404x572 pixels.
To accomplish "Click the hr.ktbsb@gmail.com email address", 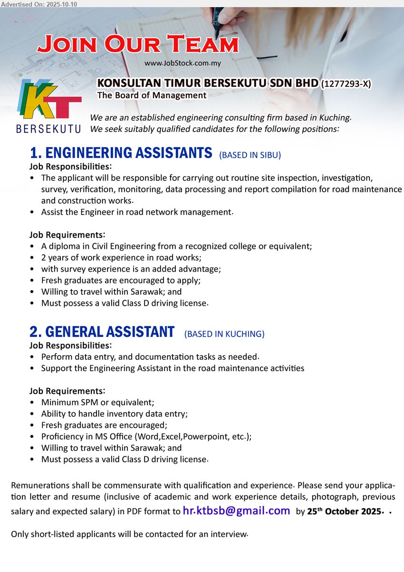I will click(x=236, y=511).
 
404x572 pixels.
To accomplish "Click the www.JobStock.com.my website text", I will click(x=183, y=63).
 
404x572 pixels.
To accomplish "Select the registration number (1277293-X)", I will click(x=346, y=84).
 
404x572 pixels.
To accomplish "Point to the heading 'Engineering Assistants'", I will click(x=121, y=153).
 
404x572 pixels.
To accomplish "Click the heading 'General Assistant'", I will click(x=102, y=332).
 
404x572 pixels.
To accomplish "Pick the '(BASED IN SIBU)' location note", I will click(x=250, y=155).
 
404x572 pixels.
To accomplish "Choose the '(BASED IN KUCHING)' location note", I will click(x=224, y=334).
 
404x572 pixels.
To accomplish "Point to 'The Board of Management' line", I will click(x=152, y=95).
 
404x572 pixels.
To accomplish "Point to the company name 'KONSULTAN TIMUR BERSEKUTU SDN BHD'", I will click(x=208, y=84).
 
